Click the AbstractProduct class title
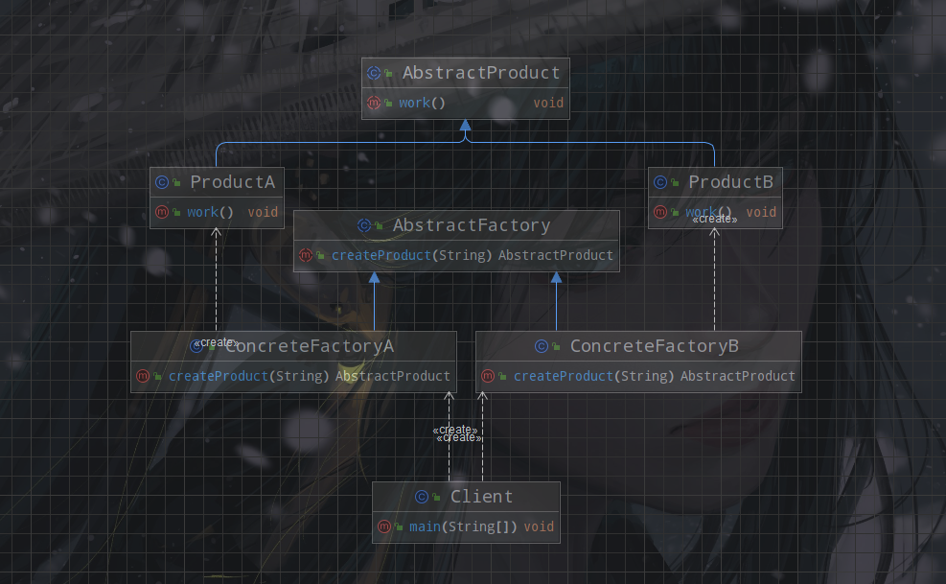(x=480, y=73)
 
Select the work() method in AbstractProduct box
(x=422, y=103)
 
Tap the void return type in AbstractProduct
(x=548, y=103)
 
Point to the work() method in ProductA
(x=210, y=212)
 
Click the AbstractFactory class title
(x=471, y=225)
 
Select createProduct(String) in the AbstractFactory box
(x=411, y=255)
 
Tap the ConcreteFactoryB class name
(x=654, y=346)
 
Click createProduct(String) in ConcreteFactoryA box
(x=249, y=376)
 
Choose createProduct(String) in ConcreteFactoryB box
(x=594, y=376)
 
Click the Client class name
(x=481, y=497)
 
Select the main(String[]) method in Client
(x=463, y=526)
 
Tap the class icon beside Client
(x=422, y=497)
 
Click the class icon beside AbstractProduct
(x=374, y=73)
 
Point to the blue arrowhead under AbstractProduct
(x=465, y=126)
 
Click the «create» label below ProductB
(x=715, y=220)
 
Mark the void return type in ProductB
(x=761, y=212)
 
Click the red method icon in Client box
(x=383, y=526)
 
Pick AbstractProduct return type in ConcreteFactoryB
(x=737, y=376)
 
